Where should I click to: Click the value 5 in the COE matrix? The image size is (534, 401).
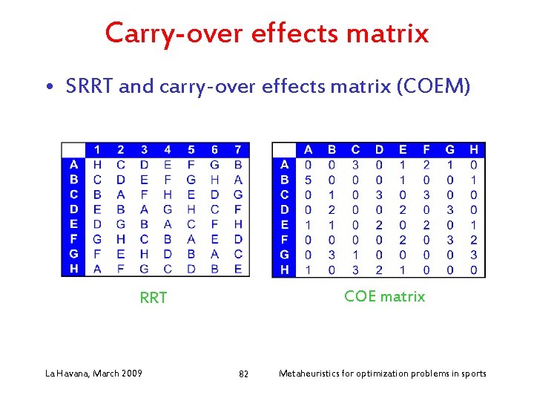click(309, 180)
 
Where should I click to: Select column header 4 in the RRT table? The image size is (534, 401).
click(168, 150)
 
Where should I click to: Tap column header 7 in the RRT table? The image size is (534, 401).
click(238, 150)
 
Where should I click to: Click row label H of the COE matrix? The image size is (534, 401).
click(285, 270)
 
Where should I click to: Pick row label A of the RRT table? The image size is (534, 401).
click(73, 164)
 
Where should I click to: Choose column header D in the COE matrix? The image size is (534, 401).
click(380, 150)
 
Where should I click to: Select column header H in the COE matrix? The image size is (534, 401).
click(474, 150)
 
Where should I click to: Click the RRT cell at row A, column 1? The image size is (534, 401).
click(97, 164)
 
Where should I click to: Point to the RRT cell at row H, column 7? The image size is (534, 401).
click(238, 270)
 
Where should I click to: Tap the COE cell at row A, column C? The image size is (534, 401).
click(356, 164)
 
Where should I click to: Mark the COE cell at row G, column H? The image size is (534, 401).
click(474, 255)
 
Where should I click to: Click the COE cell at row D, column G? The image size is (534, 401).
click(450, 209)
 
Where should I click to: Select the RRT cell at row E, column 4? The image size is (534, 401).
click(168, 224)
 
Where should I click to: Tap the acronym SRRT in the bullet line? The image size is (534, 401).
click(90, 87)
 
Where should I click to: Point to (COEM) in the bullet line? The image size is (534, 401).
click(434, 87)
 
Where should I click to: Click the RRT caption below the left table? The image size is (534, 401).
click(154, 298)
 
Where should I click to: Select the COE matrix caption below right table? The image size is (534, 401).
click(384, 296)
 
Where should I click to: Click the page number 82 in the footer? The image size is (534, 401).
click(243, 374)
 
